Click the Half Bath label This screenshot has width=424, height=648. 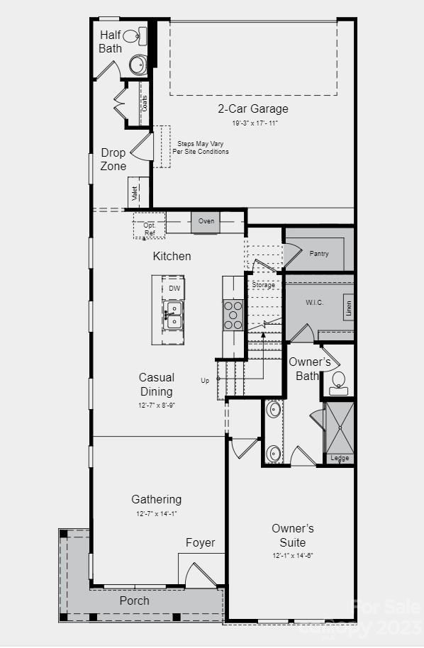[110, 41]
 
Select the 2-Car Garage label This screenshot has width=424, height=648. [252, 109]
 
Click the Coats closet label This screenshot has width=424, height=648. [145, 104]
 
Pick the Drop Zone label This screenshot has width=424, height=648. [113, 160]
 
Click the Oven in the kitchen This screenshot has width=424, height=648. [206, 221]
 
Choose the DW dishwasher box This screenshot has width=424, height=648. [174, 289]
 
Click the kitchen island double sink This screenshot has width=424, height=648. [173, 315]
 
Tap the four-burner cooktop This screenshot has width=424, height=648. [233, 315]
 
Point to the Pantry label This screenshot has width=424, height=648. [319, 253]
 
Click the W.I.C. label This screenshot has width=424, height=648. [315, 303]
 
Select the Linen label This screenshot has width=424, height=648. [348, 307]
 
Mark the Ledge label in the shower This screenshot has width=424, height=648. [340, 458]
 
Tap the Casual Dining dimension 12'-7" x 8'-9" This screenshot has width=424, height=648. [157, 406]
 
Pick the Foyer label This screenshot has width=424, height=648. [201, 543]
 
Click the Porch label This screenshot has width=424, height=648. [134, 600]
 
